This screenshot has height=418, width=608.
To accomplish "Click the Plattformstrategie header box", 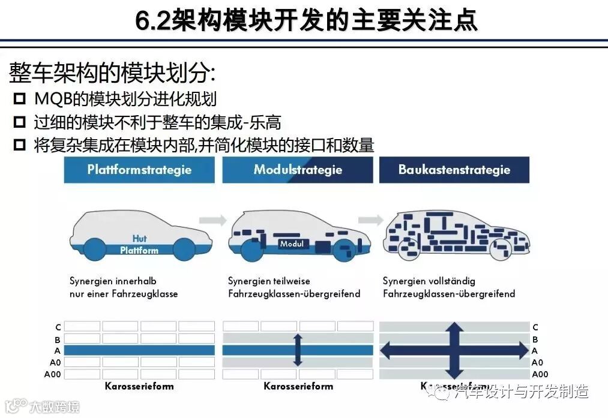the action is pyautogui.click(x=139, y=170).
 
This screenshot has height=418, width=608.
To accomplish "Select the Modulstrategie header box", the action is pyautogui.click(x=298, y=170).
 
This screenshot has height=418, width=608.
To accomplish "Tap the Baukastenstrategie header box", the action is pyautogui.click(x=454, y=170).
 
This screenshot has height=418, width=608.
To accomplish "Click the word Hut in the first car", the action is pyautogui.click(x=139, y=239).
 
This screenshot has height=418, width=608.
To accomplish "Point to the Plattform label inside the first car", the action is pyautogui.click(x=139, y=250).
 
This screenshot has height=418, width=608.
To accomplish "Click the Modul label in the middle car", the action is pyautogui.click(x=293, y=244).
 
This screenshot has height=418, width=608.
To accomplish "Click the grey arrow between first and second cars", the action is pyautogui.click(x=212, y=220).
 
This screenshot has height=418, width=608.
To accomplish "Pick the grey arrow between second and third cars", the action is pyautogui.click(x=370, y=220).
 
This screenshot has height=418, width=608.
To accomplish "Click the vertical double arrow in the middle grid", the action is pyautogui.click(x=298, y=350).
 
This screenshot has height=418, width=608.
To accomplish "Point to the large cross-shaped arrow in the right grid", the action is pyautogui.click(x=454, y=350).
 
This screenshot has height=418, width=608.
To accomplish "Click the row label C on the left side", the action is pyautogui.click(x=58, y=327).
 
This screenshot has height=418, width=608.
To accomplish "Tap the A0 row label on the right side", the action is pyautogui.click(x=537, y=362).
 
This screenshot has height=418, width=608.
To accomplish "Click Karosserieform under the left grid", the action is pyautogui.click(x=139, y=386).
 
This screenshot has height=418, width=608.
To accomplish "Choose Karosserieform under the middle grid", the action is pyautogui.click(x=298, y=386).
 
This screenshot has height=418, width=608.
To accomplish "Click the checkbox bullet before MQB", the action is pyautogui.click(x=20, y=100).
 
